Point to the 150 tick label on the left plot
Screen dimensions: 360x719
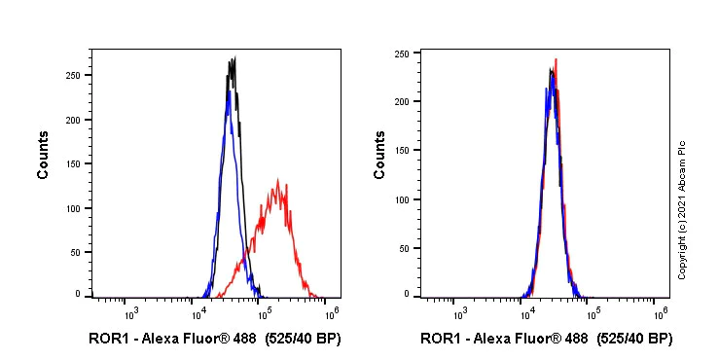point(74,163)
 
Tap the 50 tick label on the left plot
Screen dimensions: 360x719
point(77,252)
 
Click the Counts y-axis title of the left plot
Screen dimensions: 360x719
point(44,156)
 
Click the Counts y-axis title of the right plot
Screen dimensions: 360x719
point(379,156)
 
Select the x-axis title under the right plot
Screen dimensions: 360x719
point(546,339)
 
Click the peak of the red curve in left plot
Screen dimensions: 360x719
point(278,180)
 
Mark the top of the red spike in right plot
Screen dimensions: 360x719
point(556,59)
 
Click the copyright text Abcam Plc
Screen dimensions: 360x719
point(682,209)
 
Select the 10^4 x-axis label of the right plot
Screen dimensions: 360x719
point(526,312)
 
